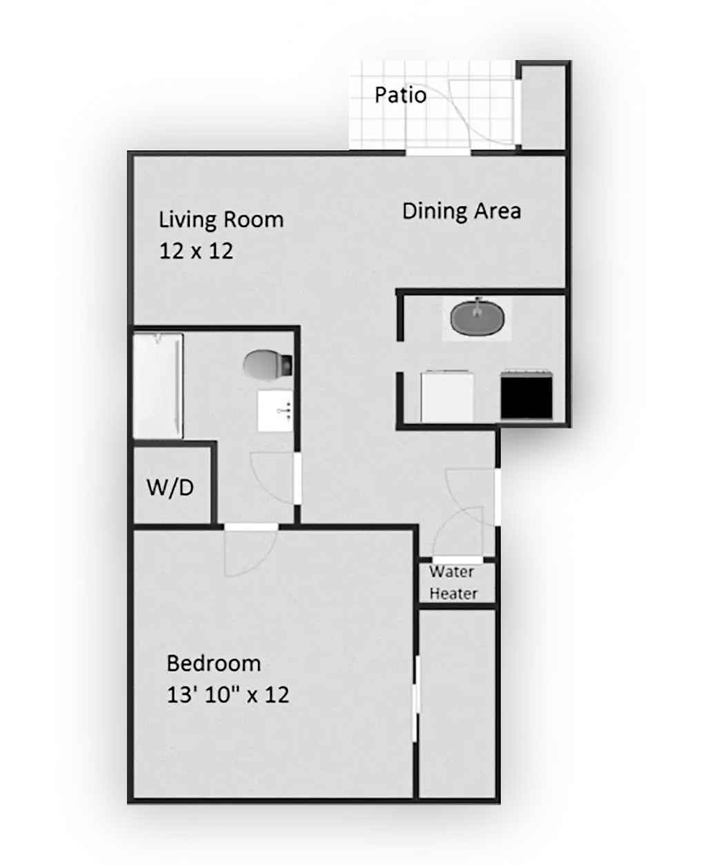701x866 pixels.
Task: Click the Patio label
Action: pos(400,95)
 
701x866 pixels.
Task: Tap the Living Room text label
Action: pos(221,220)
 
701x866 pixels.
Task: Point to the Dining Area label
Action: pos(462,211)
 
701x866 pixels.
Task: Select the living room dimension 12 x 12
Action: pos(196,251)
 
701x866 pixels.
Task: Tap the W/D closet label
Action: pos(170,487)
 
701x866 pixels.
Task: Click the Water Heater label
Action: pos(453,583)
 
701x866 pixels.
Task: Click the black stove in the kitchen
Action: pos(526,395)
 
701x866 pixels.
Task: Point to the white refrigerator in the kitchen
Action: pos(447,396)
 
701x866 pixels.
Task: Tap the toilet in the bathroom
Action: pos(268,364)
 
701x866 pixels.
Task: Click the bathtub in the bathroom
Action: pos(158,386)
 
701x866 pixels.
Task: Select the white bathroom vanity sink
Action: pos(275,411)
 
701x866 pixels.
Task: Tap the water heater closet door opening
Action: pos(457,560)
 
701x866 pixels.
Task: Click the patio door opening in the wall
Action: pos(439,152)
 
